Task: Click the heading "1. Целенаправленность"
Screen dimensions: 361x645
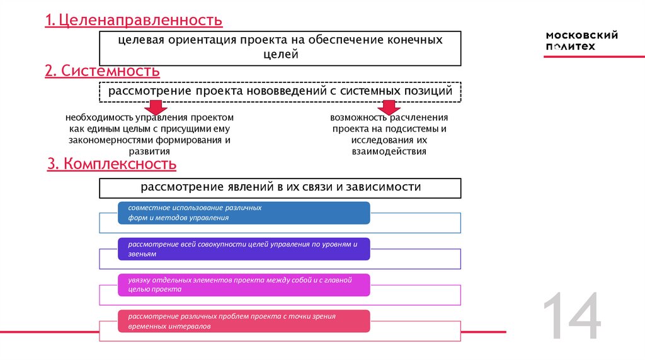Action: (134, 21)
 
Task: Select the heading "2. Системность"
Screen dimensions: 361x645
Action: (102, 71)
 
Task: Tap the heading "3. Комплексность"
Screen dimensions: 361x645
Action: (112, 165)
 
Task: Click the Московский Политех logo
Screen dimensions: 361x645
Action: (581, 42)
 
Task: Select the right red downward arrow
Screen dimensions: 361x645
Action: (389, 106)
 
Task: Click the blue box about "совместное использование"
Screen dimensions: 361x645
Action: (243, 213)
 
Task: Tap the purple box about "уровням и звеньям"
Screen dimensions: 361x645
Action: (243, 248)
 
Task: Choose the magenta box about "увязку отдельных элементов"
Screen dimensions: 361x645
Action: (243, 285)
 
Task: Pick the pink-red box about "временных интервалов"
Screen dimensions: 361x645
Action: (243, 321)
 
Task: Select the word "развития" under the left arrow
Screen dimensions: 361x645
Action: (151, 152)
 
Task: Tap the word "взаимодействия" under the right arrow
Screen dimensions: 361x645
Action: (389, 152)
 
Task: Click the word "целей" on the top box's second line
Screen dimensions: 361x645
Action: (280, 55)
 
